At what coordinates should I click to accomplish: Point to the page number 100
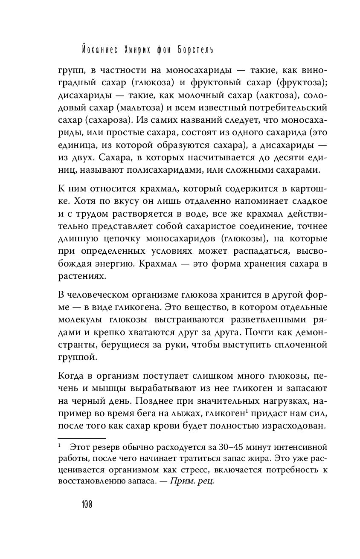[87, 504]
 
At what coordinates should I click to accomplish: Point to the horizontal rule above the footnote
[81, 438]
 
